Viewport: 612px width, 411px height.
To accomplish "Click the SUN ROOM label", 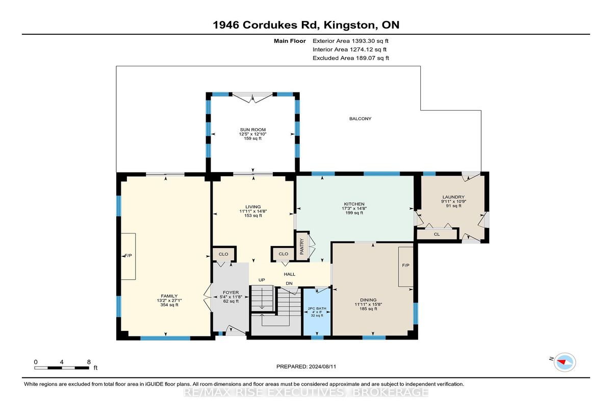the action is [253, 130].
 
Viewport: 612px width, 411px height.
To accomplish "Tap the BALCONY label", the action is [361, 118].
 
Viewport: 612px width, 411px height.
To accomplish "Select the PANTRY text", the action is [302, 247].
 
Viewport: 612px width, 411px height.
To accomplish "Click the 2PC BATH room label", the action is [317, 308].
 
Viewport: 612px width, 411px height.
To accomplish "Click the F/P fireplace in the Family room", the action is [128, 256].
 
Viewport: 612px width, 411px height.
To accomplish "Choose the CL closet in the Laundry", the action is [437, 234].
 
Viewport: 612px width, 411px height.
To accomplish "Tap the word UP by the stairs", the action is [262, 280].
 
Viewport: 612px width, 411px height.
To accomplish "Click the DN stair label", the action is [289, 283].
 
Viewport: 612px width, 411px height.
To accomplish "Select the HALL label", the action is [290, 274].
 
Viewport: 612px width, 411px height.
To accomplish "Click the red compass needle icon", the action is [562, 362].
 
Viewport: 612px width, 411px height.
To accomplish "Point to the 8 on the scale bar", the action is [89, 362].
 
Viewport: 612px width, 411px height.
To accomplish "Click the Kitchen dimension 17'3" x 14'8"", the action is [354, 208].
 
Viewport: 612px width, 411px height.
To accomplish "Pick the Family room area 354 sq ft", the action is [169, 305].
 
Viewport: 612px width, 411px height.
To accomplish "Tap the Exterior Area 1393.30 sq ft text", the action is [350, 41].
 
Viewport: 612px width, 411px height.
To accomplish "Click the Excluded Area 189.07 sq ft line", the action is [351, 58].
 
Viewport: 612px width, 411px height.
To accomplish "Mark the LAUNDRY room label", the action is [453, 197].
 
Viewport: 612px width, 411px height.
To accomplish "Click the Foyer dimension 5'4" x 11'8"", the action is [231, 297].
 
